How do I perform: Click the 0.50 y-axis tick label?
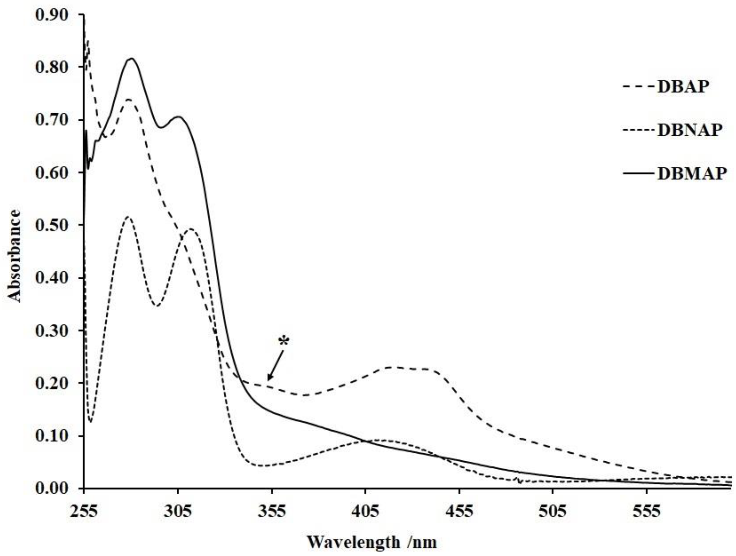55,225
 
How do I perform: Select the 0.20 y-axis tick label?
55,383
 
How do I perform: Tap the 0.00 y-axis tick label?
55,488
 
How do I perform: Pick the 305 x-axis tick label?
178,511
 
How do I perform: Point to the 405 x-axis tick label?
365,511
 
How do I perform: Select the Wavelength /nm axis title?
371,542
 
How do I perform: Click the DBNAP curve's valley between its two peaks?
158,306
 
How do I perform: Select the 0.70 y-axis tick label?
55,120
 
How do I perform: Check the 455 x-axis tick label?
459,511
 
